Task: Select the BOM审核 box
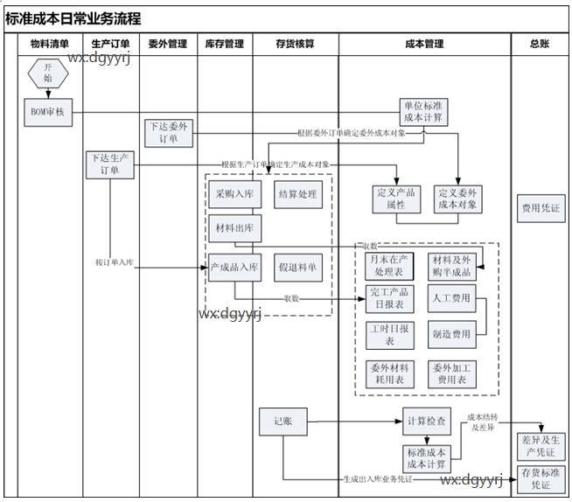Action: (x=48, y=111)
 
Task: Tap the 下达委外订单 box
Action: (x=168, y=132)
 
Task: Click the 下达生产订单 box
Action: (x=110, y=164)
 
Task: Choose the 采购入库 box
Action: (x=234, y=194)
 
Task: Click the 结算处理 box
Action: (x=296, y=194)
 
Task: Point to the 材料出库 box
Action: (x=234, y=229)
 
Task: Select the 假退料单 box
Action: (x=296, y=267)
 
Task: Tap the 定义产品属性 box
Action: (x=396, y=199)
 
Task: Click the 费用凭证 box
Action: (x=541, y=209)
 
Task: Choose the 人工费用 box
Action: (x=451, y=298)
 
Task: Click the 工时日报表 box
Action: (x=389, y=334)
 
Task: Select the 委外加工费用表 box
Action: (x=451, y=374)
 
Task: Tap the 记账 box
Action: (x=282, y=422)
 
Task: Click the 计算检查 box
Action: (x=427, y=422)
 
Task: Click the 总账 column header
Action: (x=540, y=44)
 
